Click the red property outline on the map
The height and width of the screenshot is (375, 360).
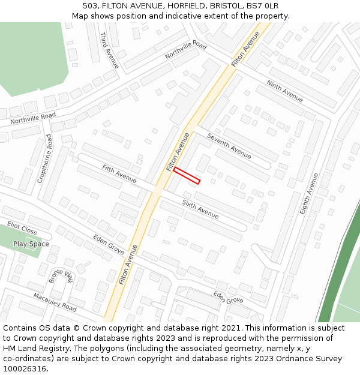[x=187, y=175]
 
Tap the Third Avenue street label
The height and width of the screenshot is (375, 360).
[x=109, y=50]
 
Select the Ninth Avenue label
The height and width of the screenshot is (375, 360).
[x=284, y=91]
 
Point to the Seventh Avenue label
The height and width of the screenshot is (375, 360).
[x=229, y=146]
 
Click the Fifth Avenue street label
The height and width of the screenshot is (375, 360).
[x=119, y=173]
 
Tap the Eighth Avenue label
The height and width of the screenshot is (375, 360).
[x=308, y=193]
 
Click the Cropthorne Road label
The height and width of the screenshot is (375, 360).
[x=45, y=158]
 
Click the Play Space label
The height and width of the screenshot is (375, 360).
[x=31, y=244]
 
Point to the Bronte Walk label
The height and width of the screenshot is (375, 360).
[x=60, y=276]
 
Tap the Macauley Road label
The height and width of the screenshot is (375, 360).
[x=55, y=302]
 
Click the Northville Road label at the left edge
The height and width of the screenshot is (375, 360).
[x=33, y=118]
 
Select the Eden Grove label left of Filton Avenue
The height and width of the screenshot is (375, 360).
[x=109, y=245]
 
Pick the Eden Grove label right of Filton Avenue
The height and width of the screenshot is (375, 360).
[x=228, y=296]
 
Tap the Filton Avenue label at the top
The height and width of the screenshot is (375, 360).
[x=245, y=47]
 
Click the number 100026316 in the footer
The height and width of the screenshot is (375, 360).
[x=24, y=368]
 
